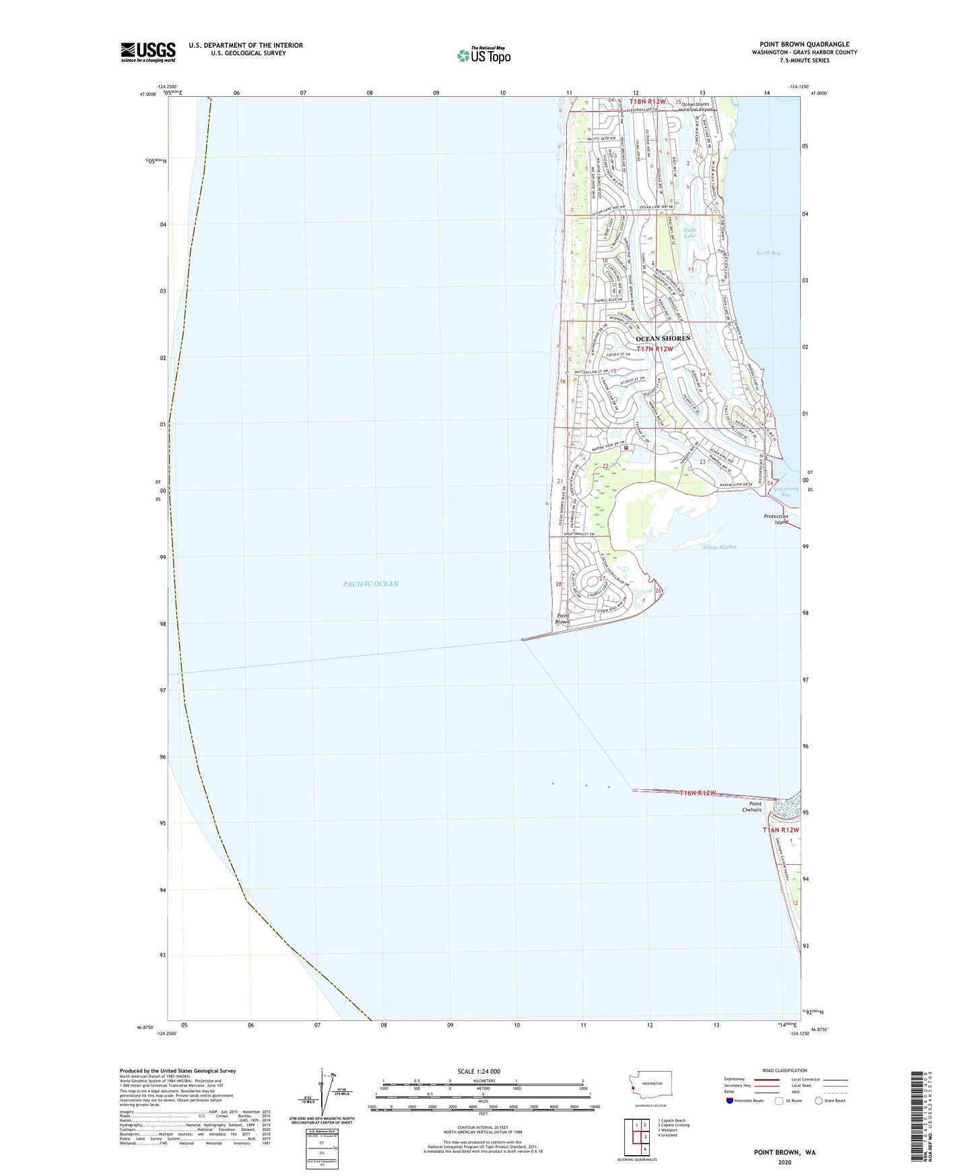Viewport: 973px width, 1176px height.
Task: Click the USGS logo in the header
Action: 148,52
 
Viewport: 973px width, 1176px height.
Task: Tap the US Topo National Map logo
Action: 483,55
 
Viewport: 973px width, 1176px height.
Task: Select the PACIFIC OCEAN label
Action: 370,584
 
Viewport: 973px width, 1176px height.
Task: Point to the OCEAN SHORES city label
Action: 663,338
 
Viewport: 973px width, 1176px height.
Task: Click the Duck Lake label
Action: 690,233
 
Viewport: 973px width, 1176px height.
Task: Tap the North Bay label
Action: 768,253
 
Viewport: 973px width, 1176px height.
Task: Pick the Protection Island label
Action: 776,519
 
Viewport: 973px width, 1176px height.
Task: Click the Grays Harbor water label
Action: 720,547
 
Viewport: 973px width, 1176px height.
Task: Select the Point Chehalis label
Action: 755,807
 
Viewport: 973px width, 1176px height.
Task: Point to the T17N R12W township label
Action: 655,349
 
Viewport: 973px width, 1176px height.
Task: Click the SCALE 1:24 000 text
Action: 479,1071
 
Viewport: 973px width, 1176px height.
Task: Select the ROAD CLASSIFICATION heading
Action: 784,1070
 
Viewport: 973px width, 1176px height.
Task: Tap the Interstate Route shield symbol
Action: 730,1101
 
